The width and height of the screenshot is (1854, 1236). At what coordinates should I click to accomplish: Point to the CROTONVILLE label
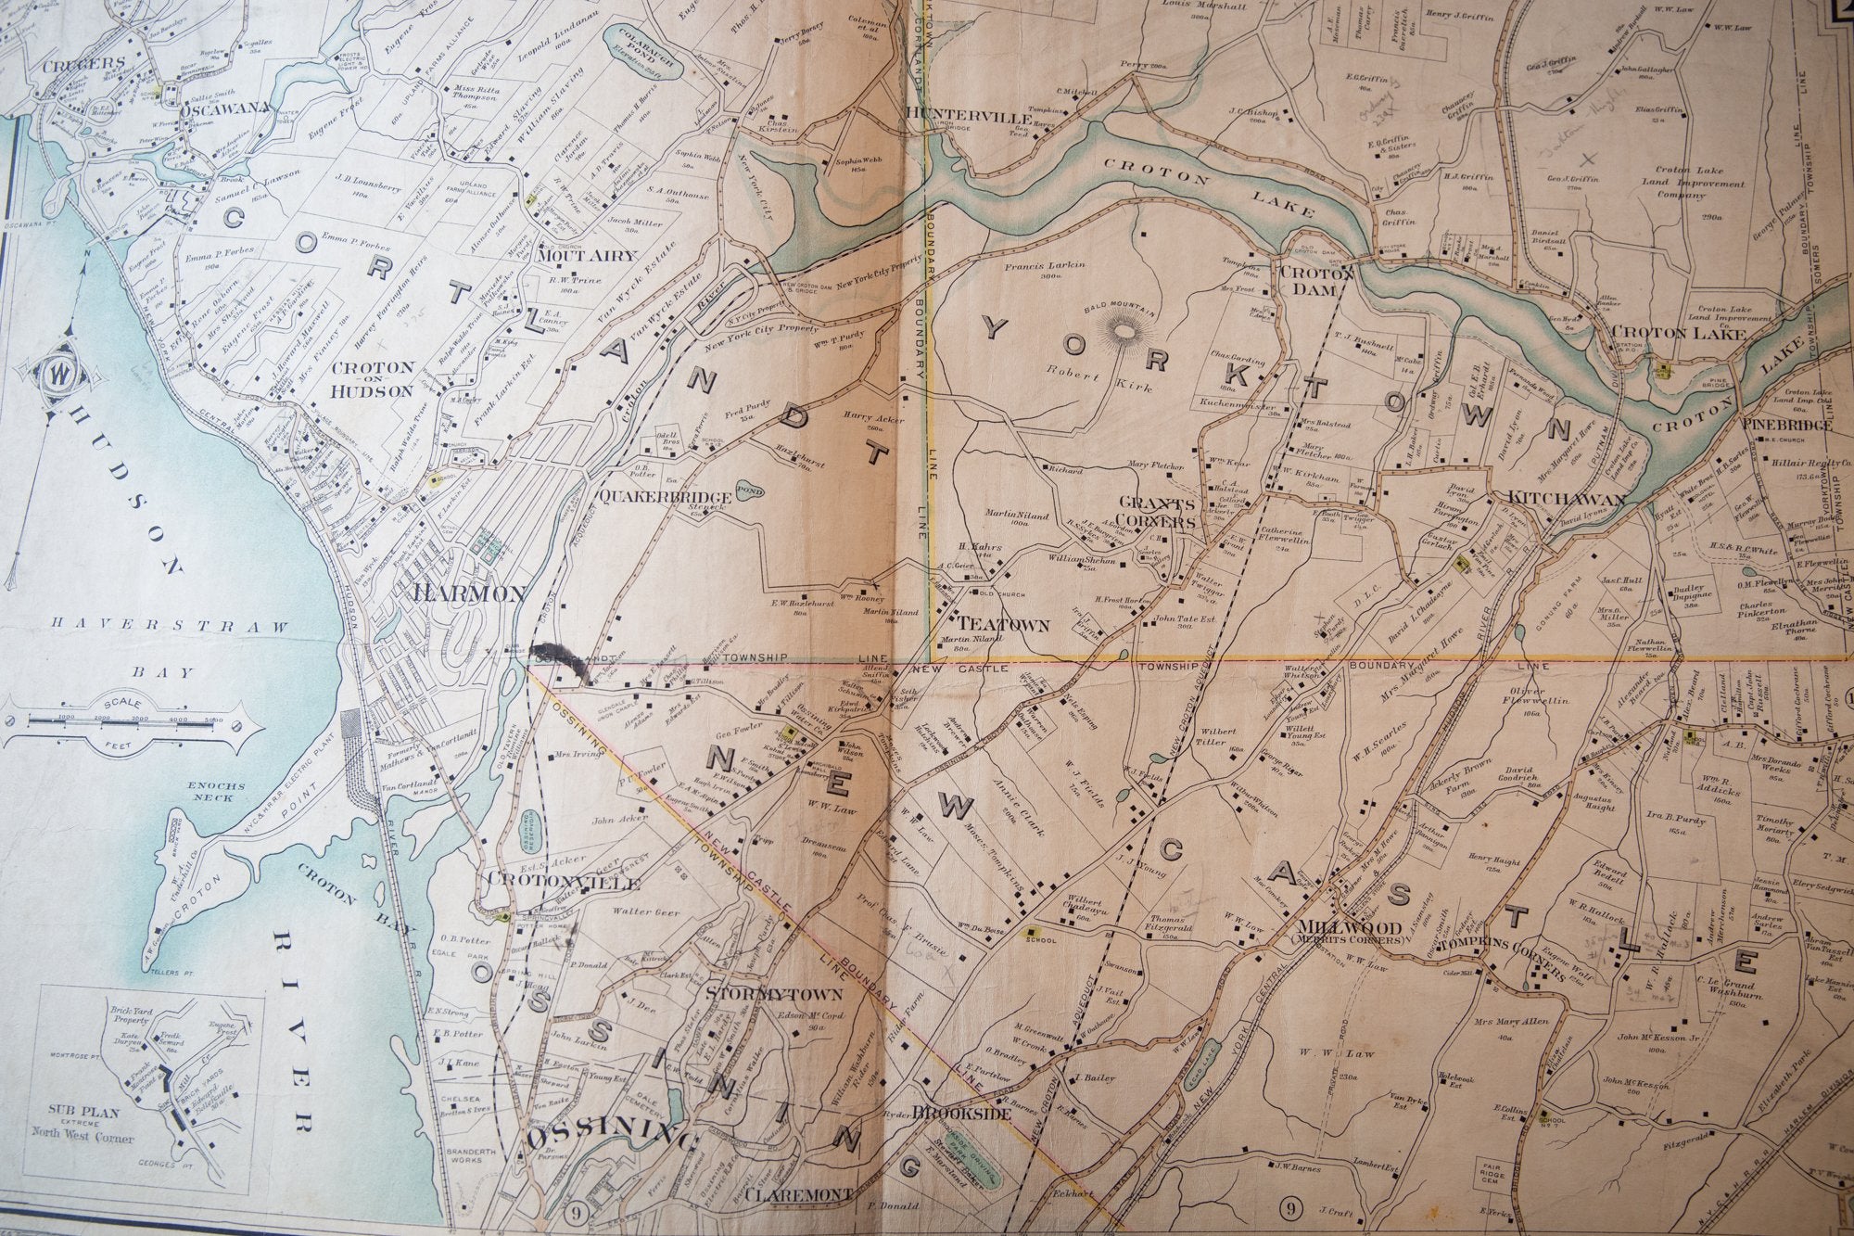point(551,878)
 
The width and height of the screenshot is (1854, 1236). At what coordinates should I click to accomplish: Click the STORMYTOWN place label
point(774,995)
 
